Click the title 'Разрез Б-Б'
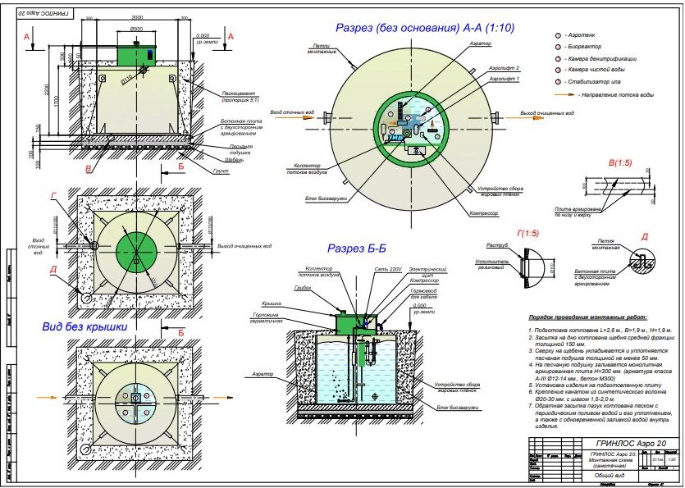coord(362,248)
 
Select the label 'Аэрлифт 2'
coord(500,68)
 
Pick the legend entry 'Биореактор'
coord(581,48)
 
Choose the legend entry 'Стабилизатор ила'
coord(591,83)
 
